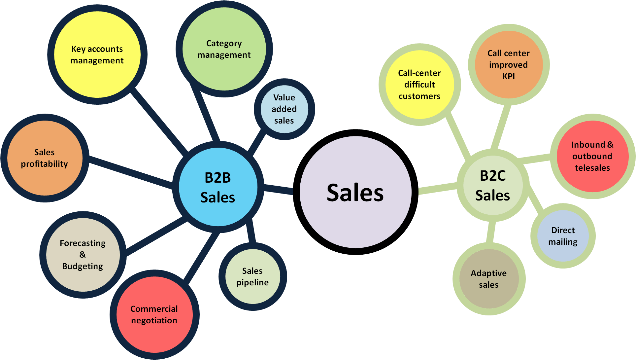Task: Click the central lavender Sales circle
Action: (x=355, y=192)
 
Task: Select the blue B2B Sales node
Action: (x=218, y=187)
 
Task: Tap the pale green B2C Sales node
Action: (x=493, y=185)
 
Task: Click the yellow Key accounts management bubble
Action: (x=97, y=54)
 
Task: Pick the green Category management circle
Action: (x=224, y=49)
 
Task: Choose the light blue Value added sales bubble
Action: (x=284, y=109)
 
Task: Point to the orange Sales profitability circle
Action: (x=45, y=158)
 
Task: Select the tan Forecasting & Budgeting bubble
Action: (x=83, y=255)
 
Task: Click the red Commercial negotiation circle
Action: (x=154, y=314)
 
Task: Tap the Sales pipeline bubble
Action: (x=252, y=276)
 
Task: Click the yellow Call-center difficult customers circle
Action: (x=419, y=85)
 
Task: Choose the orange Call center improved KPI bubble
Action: (x=509, y=64)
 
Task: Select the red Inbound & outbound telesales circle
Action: (x=592, y=156)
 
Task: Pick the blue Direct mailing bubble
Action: (x=563, y=236)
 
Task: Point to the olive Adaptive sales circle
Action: (x=489, y=279)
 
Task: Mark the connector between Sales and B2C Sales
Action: (x=438, y=189)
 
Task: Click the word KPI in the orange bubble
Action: (x=509, y=76)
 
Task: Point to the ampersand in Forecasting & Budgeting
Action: (x=83, y=255)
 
